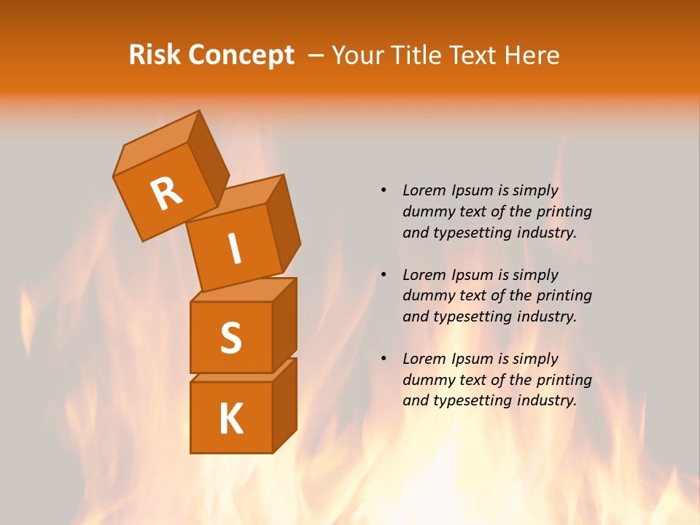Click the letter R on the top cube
tap(166, 193)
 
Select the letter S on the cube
tap(230, 337)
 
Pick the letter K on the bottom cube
tap(230, 419)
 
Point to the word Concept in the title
tap(241, 56)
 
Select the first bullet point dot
tap(384, 191)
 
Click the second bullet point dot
tap(384, 275)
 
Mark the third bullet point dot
tap(384, 359)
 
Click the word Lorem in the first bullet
tap(424, 191)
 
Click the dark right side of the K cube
tap(284, 407)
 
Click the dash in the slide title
tap(316, 55)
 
